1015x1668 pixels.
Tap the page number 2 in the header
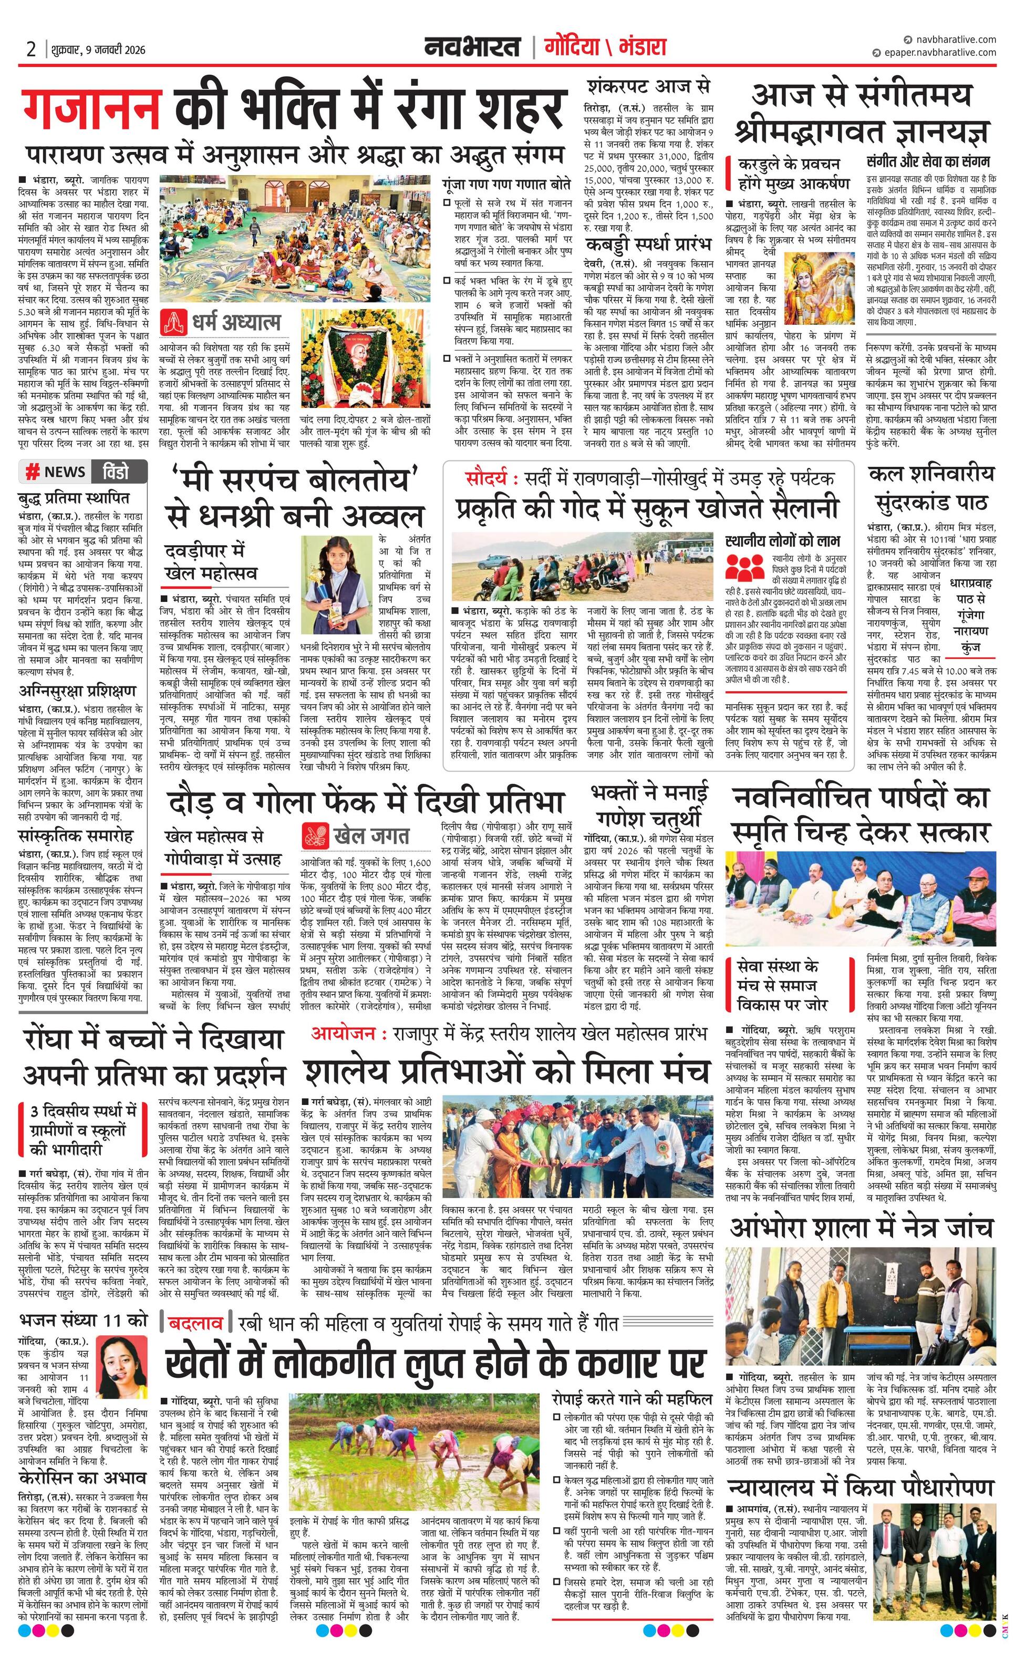pyautogui.click(x=30, y=49)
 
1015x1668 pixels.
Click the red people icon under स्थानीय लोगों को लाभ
pyautogui.click(x=745, y=567)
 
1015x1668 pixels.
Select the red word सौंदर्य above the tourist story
pyautogui.click(x=486, y=478)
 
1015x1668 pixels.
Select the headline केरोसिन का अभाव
pyautogui.click(x=82, y=1458)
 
